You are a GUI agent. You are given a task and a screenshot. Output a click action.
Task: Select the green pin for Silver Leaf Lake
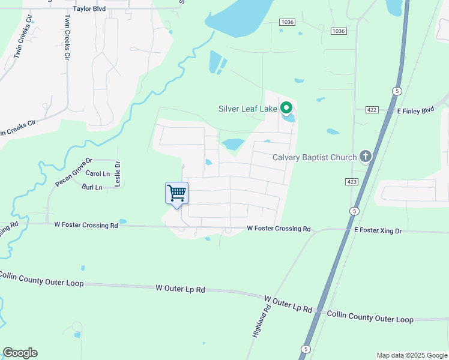point(286,108)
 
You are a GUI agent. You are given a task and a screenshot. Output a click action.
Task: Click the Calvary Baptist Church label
point(315,158)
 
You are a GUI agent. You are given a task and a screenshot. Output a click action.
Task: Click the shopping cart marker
point(176,194)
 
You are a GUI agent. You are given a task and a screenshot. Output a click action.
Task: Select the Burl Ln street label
point(92,187)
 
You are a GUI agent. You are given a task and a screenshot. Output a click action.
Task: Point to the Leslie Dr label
point(118,173)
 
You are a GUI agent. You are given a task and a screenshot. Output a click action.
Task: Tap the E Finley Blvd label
point(415,110)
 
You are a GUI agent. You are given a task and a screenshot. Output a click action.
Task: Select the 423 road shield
point(352,181)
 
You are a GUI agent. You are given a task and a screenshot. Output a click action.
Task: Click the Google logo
point(20,353)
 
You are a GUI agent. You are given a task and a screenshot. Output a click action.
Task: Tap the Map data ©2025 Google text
point(412,355)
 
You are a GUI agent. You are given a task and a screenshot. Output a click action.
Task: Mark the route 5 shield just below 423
point(355,211)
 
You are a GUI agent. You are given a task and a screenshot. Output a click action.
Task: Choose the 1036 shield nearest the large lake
point(288,22)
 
